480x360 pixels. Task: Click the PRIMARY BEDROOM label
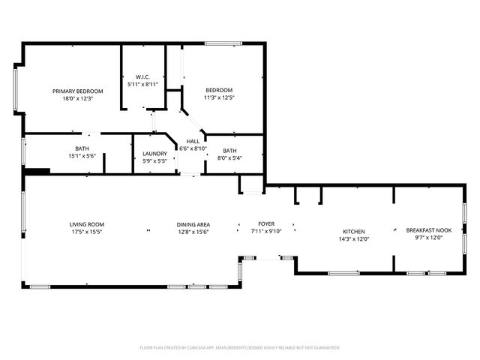(77, 91)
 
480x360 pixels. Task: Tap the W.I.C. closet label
(142, 76)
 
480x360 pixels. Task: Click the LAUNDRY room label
(154, 154)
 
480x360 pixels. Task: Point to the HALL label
(193, 141)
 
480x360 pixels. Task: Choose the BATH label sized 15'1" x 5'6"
(82, 148)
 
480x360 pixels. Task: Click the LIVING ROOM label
(86, 224)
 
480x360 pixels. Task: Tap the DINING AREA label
(193, 224)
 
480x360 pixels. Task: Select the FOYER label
(266, 223)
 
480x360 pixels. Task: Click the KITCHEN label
(354, 231)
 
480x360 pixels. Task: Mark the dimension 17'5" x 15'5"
(86, 232)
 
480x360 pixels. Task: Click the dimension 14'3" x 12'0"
(354, 238)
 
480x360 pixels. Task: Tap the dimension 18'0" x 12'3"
(77, 98)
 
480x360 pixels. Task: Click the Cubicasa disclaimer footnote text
(240, 347)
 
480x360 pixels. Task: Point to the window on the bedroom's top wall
(223, 44)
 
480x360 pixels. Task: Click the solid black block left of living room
(37, 172)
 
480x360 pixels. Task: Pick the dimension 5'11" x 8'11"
(142, 84)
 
